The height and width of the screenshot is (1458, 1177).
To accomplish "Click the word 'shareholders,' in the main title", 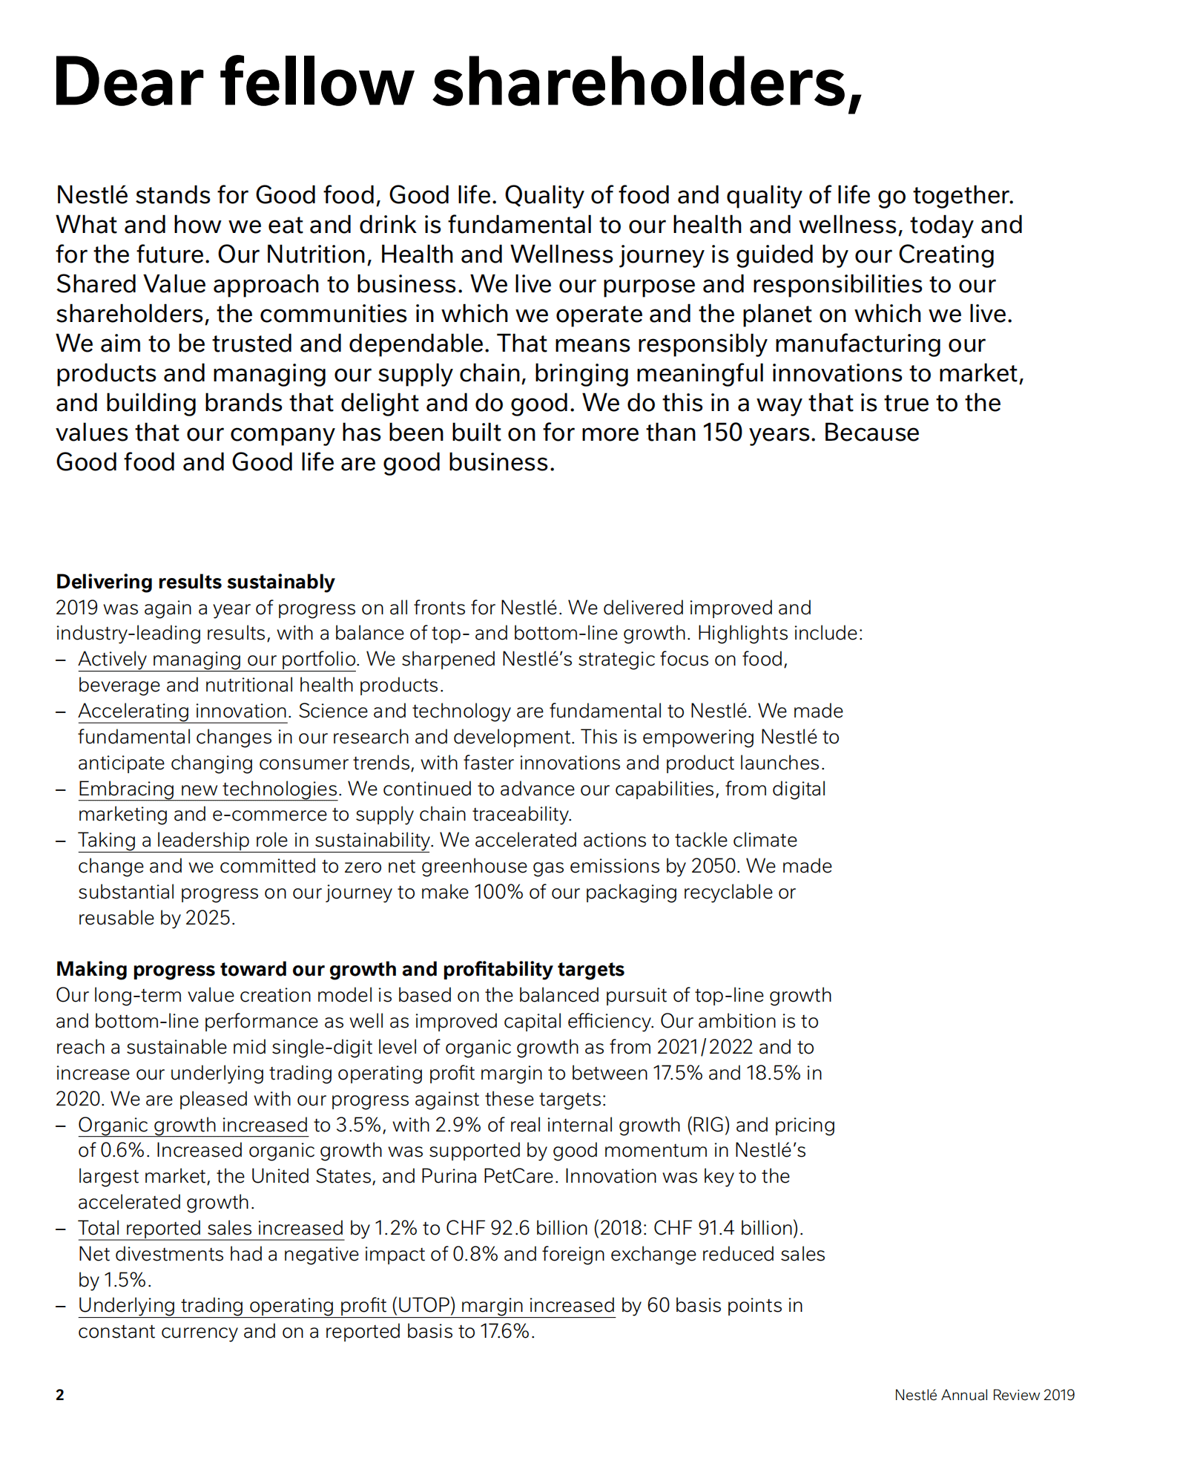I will (647, 82).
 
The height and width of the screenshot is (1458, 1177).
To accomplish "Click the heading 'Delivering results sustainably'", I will (195, 582).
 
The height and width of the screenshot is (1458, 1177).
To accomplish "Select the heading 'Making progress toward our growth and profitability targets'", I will (340, 969).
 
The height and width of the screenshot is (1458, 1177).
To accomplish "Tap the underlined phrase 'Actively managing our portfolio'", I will (217, 659).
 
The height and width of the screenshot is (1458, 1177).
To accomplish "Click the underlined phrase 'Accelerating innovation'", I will (182, 711).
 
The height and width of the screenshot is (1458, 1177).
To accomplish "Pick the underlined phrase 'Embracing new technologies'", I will (208, 789).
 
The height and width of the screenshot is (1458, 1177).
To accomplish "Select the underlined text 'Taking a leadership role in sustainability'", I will (254, 840).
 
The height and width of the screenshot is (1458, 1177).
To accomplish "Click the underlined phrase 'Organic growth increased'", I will (193, 1125).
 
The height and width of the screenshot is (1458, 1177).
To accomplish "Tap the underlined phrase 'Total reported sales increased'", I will (211, 1228).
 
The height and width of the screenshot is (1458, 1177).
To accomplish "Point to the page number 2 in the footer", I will (60, 1395).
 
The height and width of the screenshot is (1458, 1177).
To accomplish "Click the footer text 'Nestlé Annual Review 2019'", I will (984, 1395).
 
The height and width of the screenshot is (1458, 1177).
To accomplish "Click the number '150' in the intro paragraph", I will (722, 433).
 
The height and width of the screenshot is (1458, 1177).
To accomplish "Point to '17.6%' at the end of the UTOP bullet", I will (506, 1331).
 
